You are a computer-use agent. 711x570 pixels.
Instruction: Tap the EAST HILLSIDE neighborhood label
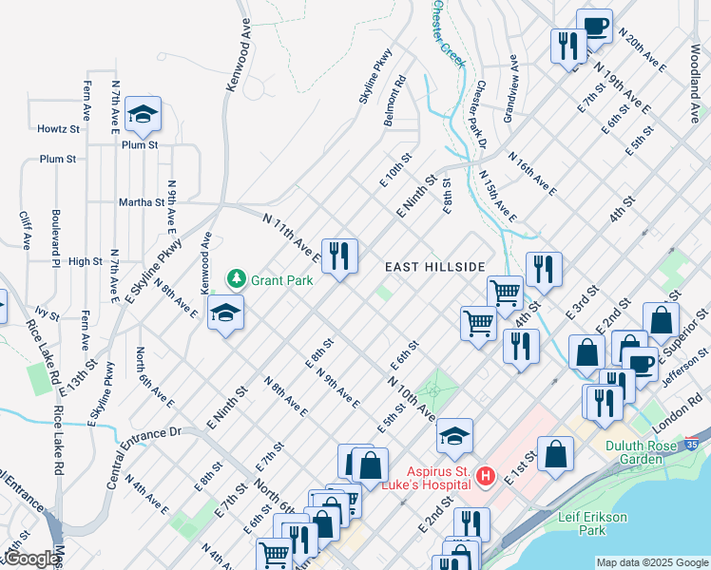click(x=435, y=268)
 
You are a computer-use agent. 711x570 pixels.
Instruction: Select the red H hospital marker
click(x=485, y=474)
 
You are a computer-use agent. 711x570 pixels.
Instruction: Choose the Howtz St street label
click(x=59, y=129)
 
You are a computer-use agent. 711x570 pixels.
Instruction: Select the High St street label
click(x=86, y=261)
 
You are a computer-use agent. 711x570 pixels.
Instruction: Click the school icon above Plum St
click(x=144, y=115)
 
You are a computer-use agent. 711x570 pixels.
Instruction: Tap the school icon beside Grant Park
click(x=225, y=313)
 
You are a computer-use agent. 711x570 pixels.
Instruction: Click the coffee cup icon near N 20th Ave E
click(x=595, y=26)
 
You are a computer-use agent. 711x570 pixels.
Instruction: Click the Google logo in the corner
click(x=30, y=559)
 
